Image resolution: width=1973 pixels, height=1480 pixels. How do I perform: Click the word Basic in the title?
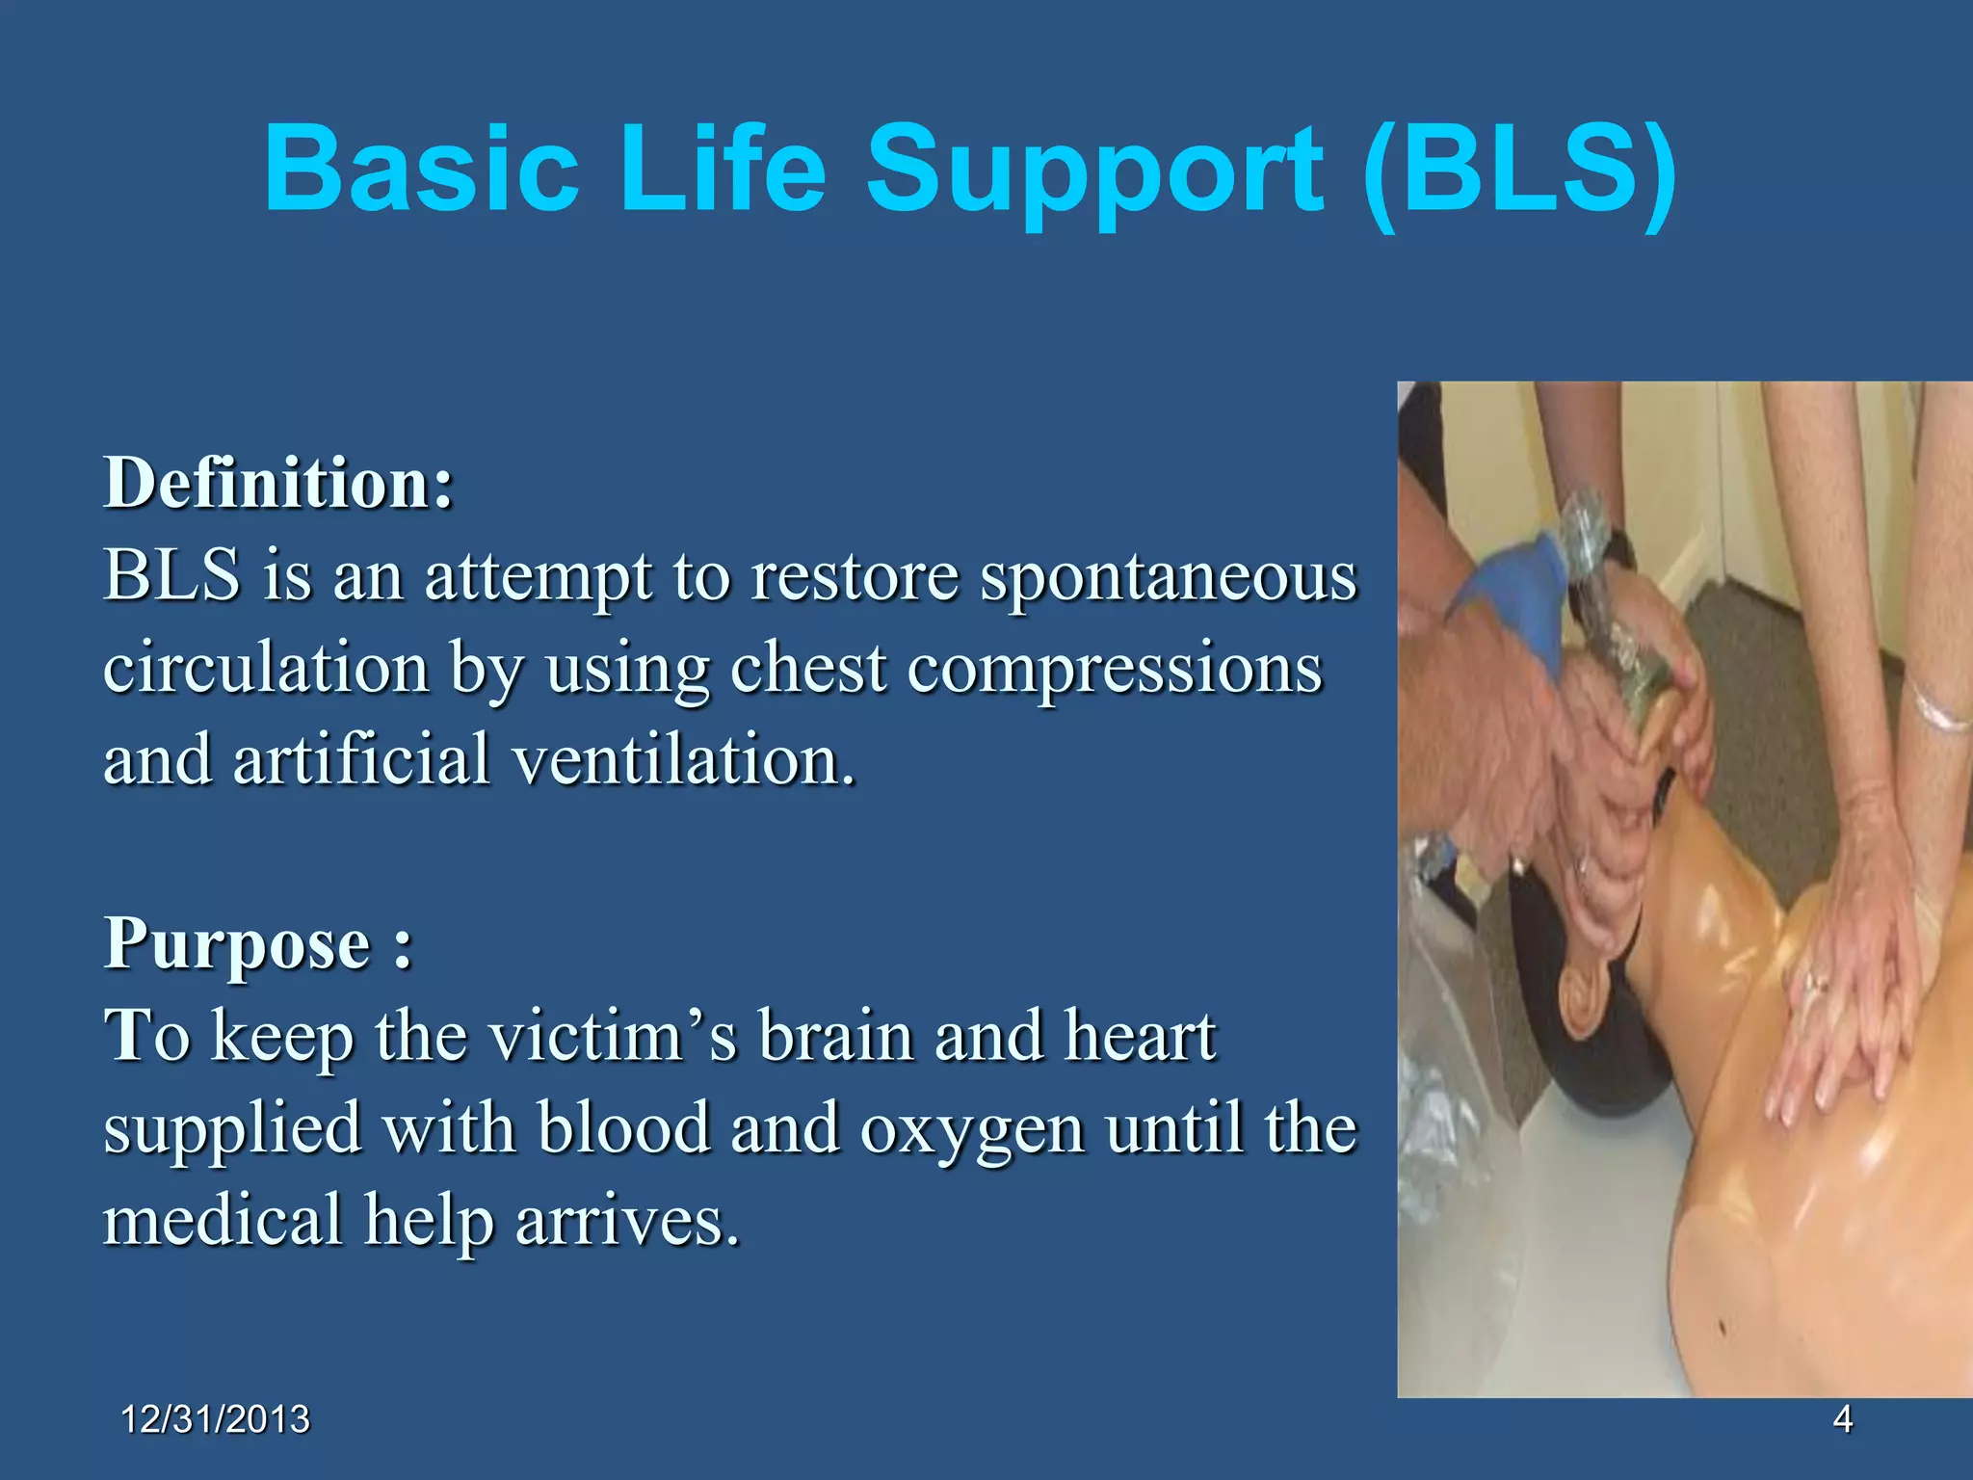(x=421, y=171)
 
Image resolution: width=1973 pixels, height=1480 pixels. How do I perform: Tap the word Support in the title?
(x=1095, y=171)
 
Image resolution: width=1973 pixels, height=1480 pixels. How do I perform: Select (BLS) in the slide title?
(x=1519, y=171)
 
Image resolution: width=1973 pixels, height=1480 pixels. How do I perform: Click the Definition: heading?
(x=278, y=482)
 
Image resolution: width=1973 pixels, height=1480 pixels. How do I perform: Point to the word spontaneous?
(x=1168, y=576)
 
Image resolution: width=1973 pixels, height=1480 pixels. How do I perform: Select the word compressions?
(x=1115, y=669)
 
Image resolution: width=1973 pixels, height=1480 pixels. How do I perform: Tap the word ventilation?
(x=683, y=760)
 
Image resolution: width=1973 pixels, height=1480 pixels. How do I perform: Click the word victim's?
(x=615, y=1036)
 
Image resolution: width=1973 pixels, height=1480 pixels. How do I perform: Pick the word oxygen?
(x=972, y=1128)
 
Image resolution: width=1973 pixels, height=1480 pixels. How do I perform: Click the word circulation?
(x=266, y=669)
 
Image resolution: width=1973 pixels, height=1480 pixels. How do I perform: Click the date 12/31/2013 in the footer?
(x=216, y=1419)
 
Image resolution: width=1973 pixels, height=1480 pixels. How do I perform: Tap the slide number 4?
(x=1842, y=1418)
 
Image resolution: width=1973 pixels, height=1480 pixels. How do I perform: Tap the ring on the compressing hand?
(x=1817, y=984)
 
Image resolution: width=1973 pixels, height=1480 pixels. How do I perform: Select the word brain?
(x=835, y=1036)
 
